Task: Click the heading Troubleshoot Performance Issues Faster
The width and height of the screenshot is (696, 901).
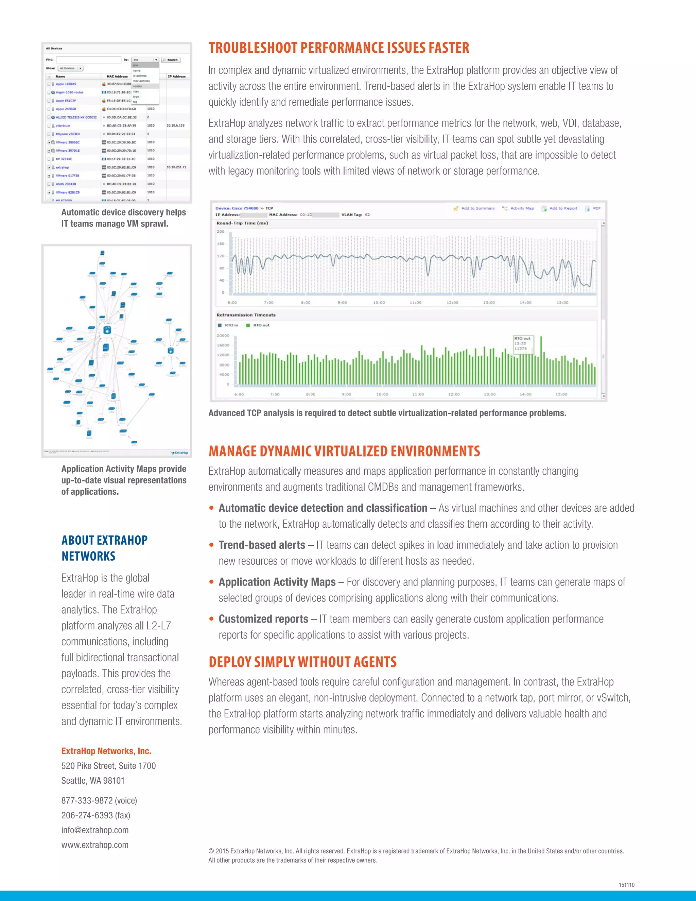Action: coord(338,48)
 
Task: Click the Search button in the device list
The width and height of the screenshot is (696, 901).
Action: coord(170,60)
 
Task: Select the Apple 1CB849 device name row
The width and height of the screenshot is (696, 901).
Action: coord(66,84)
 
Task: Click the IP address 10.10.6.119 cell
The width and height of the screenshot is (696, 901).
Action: coord(176,125)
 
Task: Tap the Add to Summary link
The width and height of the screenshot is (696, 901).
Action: coord(477,208)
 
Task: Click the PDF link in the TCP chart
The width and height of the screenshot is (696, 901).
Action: coord(596,208)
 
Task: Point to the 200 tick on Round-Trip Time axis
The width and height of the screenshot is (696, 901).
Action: coord(221,232)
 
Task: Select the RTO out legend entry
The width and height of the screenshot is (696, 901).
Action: coord(261,325)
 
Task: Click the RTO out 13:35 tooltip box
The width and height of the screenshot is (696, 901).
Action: coord(522,344)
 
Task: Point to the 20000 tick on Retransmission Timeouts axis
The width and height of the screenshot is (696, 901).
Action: coord(223,335)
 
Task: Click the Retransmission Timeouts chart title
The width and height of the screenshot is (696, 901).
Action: coord(246,315)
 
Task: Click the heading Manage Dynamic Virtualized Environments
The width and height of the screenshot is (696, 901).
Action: coord(344,451)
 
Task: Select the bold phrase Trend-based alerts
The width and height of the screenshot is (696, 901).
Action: coord(262,545)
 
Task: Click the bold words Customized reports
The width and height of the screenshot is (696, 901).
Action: coord(263,619)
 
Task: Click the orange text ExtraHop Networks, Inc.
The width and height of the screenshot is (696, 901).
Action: coord(106,751)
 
